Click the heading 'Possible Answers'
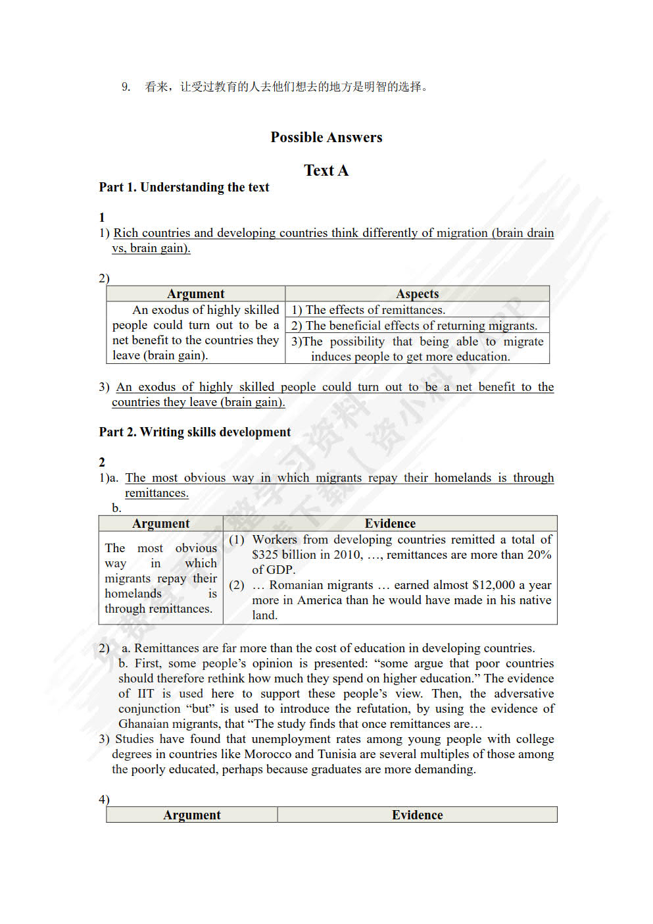coord(326,137)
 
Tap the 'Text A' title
coord(326,170)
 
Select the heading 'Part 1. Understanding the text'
coord(184,187)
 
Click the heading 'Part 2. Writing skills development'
coord(195,432)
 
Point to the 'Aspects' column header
coord(417,294)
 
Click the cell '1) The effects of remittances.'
coord(368,309)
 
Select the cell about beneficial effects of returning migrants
coord(414,325)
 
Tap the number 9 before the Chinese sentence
coord(126,86)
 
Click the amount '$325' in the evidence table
coord(265,555)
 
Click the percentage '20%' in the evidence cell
coord(539,555)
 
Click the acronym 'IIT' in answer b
coord(145,694)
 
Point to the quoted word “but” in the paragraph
coord(200,709)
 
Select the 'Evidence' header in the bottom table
coord(417,815)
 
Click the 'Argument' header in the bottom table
coord(191,815)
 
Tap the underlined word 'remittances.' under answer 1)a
coord(157,493)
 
